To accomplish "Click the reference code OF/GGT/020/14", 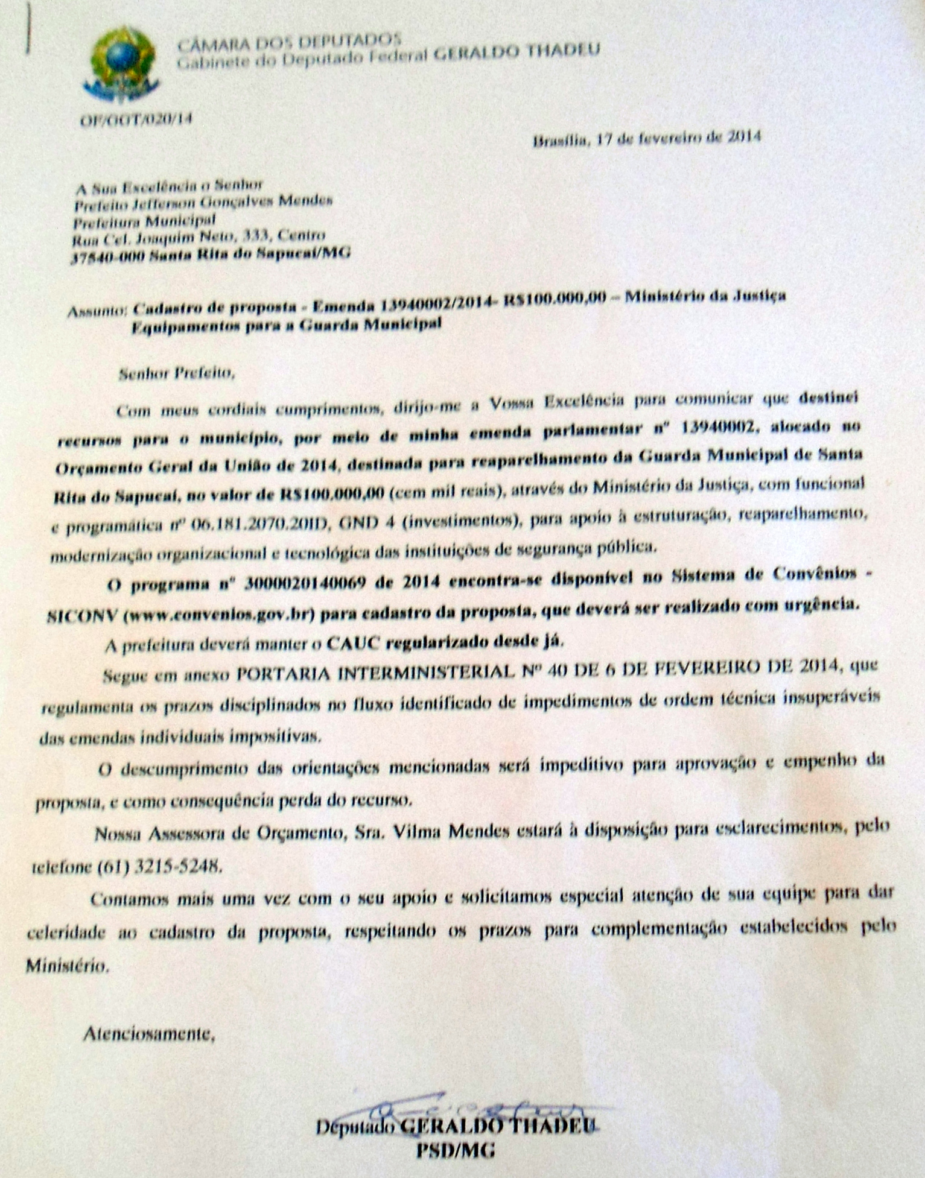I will [x=136, y=119].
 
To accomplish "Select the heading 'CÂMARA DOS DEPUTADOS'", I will [x=289, y=42].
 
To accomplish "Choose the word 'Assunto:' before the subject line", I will [x=97, y=312].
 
